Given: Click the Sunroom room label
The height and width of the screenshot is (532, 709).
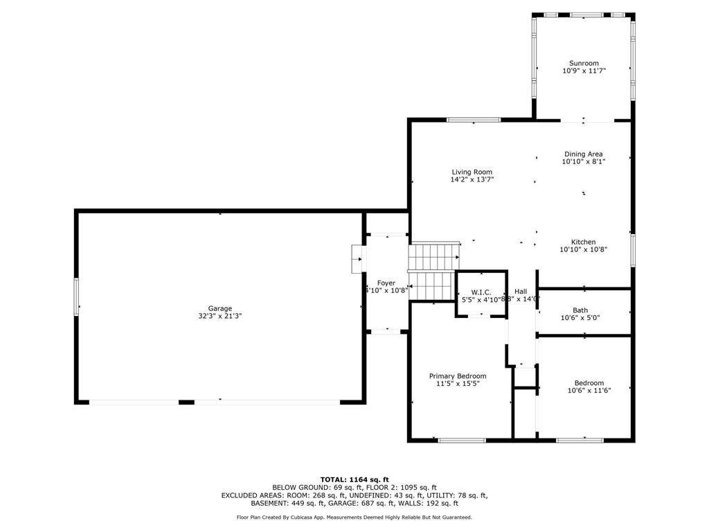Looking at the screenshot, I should (x=584, y=63).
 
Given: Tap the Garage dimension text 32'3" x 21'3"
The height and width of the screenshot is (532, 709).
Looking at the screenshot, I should (x=220, y=316).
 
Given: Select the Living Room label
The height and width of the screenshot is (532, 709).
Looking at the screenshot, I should (x=472, y=172).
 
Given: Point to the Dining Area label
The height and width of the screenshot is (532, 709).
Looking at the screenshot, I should (x=584, y=154).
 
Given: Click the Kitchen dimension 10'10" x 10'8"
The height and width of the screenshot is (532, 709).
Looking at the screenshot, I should (x=584, y=249).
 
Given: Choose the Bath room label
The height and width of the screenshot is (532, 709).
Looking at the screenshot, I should (x=580, y=310).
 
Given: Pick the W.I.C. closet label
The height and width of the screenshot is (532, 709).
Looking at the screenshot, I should (x=481, y=292).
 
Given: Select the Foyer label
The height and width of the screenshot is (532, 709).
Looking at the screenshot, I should (x=386, y=283).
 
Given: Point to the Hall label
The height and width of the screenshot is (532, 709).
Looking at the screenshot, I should (x=521, y=292).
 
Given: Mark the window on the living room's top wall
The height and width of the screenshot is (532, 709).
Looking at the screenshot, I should (x=474, y=120).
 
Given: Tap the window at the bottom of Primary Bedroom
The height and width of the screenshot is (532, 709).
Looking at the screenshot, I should (x=462, y=439).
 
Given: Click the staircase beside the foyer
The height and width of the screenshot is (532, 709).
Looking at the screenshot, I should (x=433, y=270).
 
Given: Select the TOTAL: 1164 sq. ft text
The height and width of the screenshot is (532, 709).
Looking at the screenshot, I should (x=354, y=479).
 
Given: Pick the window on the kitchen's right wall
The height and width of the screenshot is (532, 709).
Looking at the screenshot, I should (x=631, y=250).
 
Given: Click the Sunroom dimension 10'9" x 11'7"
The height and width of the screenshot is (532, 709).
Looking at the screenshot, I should (x=584, y=71).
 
